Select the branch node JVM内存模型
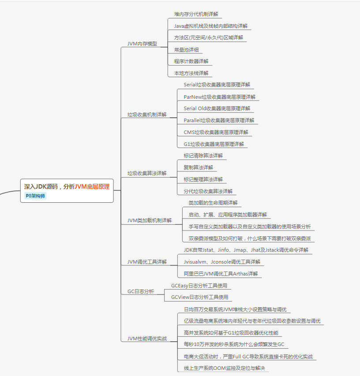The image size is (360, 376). coord(142,44)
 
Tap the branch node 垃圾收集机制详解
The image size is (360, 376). coord(147,115)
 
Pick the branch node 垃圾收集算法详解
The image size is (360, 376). coord(147,173)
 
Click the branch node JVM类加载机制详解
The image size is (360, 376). coord(150,220)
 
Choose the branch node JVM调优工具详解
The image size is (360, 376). coord(147,262)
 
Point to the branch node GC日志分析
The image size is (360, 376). coord(141,291)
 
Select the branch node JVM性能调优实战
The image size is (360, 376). coord(147,339)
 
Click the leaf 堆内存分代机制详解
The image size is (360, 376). coord(196,14)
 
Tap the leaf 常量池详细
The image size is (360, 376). coord(186,49)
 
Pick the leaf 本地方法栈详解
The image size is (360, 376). coord(191,73)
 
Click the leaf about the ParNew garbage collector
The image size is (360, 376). coord(219,97)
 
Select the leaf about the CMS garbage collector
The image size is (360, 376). coord(216,132)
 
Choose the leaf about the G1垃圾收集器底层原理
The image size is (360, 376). coord(214,144)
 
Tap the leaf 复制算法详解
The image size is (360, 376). coord(199,168)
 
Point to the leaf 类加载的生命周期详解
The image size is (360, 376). coord(213,203)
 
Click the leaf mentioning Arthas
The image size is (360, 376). coord(221,274)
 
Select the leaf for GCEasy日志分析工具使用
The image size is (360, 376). coord(199,286)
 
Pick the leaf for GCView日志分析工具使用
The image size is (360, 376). coord(199,297)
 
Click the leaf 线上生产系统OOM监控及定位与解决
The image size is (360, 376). coord(224,368)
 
